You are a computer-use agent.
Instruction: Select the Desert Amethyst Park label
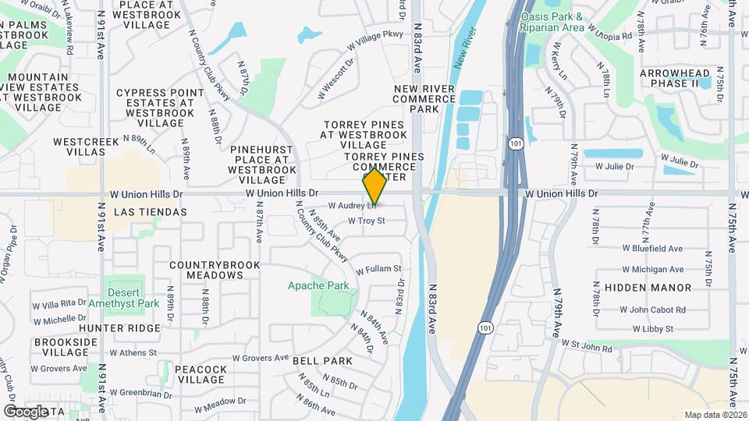click(x=123, y=297)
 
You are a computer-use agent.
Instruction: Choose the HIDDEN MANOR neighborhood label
click(x=648, y=288)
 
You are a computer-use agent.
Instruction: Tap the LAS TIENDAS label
click(x=151, y=211)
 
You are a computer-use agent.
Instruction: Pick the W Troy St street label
click(x=367, y=221)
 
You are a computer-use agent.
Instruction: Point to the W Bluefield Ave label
click(x=652, y=249)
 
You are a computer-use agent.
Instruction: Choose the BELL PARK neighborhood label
click(x=322, y=361)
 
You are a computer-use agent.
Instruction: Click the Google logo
click(x=26, y=411)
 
